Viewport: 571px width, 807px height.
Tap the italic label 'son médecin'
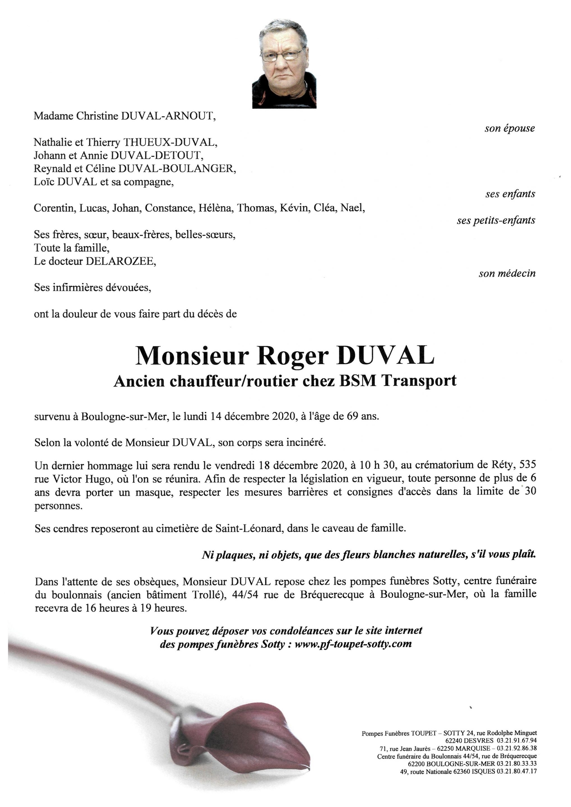click(507, 273)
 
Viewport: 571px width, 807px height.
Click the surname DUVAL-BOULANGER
click(177, 169)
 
